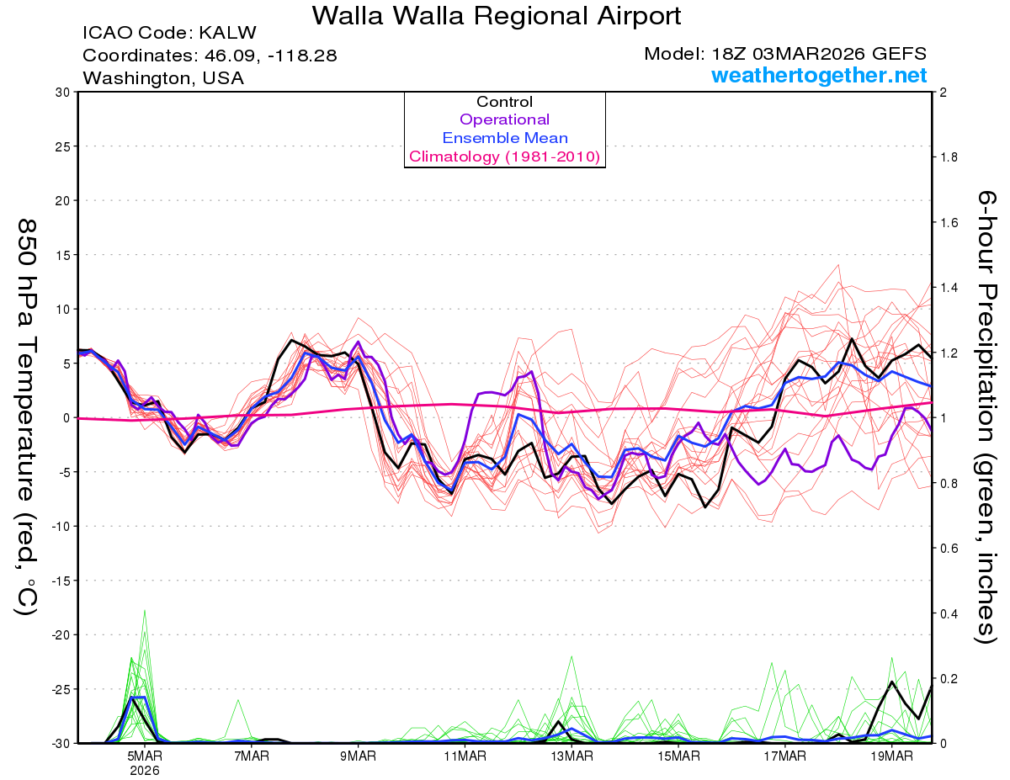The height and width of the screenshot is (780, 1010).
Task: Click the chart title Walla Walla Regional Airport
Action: click(x=497, y=15)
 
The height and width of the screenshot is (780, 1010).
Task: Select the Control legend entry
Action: click(x=504, y=102)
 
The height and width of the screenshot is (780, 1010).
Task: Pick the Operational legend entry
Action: click(x=504, y=119)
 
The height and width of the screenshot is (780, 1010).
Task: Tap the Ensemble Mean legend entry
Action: click(x=504, y=138)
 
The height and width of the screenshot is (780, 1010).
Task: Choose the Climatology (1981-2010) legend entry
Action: click(x=504, y=157)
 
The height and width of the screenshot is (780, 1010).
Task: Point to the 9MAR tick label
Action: click(x=359, y=755)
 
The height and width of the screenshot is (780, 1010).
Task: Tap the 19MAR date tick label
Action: click(x=891, y=755)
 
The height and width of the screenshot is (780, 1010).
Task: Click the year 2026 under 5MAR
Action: click(x=146, y=769)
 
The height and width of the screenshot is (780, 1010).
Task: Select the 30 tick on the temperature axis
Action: click(x=62, y=92)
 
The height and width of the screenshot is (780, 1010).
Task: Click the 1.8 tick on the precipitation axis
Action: click(x=949, y=157)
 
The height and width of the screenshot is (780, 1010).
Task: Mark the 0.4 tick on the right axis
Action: click(x=949, y=613)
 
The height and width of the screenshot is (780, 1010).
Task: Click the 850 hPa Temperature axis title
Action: click(x=28, y=417)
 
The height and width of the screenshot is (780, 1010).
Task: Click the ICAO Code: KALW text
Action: click(x=169, y=34)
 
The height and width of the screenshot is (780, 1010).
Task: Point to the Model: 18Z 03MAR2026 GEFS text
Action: click(x=785, y=54)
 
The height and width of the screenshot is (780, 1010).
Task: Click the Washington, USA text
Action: click(x=163, y=78)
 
